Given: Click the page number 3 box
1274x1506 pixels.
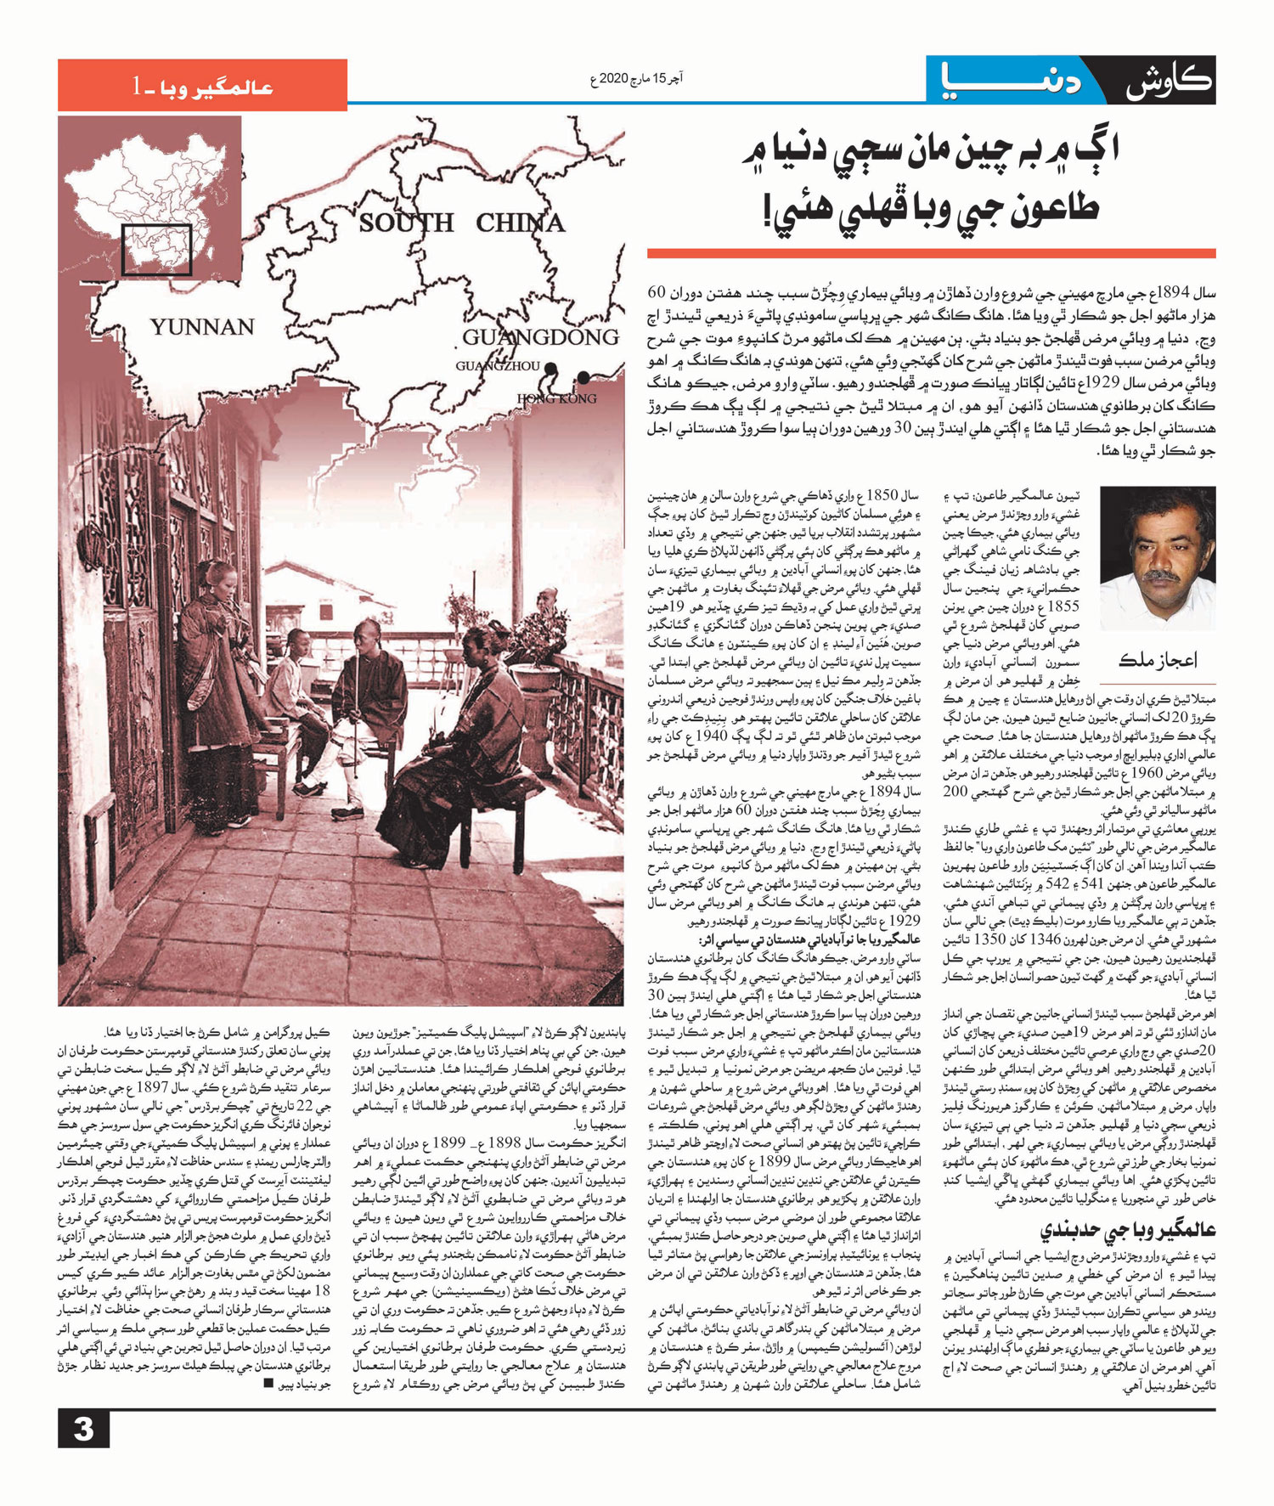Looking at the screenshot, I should pyautogui.click(x=83, y=1428).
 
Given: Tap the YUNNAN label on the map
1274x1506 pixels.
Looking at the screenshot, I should pyautogui.click(x=202, y=327).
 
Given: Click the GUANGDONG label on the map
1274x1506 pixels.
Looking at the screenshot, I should pyautogui.click(x=540, y=338).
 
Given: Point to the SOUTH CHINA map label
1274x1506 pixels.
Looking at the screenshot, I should pyautogui.click(x=461, y=223).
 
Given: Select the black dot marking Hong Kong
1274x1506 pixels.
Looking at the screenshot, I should pyautogui.click(x=583, y=377).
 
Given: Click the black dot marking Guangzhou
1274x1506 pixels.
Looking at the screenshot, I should pyautogui.click(x=551, y=369).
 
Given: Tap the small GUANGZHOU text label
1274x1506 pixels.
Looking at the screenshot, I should pyautogui.click(x=497, y=366).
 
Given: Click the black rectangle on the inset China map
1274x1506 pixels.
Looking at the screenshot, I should pyautogui.click(x=156, y=250).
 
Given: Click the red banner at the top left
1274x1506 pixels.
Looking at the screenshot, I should pyautogui.click(x=202, y=85).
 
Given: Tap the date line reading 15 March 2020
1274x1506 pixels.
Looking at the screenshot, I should pyautogui.click(x=636, y=79).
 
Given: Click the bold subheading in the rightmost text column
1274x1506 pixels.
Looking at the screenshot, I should pyautogui.click(x=1129, y=1230).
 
